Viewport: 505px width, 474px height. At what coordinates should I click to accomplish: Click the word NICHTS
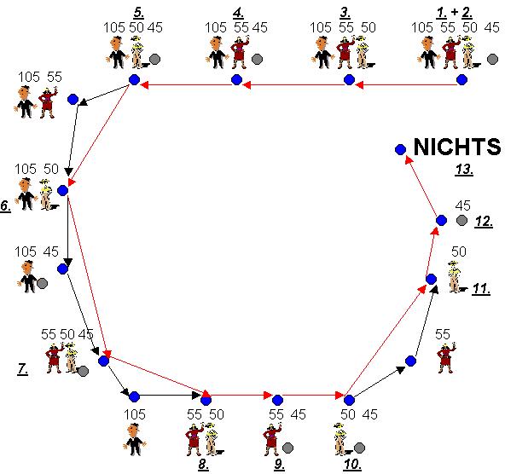coord(457,147)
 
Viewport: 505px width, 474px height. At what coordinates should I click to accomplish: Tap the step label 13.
coord(464,170)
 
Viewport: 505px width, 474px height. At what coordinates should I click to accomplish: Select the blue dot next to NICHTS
coord(400,149)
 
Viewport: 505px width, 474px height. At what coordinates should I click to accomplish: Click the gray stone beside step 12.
coord(461,220)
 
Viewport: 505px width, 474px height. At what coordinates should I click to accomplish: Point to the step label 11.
coord(481,289)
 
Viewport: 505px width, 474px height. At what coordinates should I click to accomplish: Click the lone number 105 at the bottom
coord(135,414)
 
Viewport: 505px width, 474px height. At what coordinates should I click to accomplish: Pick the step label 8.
coord(203,465)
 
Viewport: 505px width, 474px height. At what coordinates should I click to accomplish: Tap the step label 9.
coord(279,465)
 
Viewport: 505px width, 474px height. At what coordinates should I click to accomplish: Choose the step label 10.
coord(352,465)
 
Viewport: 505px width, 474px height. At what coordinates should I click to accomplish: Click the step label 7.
coord(22,368)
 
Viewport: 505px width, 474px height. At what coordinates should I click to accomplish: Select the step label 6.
coord(5,205)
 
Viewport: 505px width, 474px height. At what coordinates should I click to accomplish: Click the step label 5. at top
coord(139,13)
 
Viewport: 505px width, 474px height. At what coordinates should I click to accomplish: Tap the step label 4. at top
coord(238,13)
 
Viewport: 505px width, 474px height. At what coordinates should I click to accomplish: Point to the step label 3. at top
coord(345,13)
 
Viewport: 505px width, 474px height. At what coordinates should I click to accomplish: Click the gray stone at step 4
coord(257,59)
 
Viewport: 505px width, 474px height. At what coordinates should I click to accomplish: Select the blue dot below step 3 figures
coord(349,79)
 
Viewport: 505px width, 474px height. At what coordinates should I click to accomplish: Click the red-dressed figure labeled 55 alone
coord(446,358)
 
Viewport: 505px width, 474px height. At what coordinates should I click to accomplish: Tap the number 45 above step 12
coord(463,205)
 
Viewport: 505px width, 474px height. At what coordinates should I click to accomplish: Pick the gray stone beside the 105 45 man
coord(42,284)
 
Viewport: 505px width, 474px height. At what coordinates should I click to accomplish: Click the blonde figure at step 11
coord(456,277)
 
